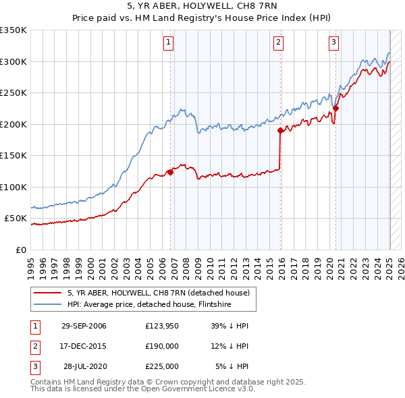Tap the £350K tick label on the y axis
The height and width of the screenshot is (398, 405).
pyautogui.click(x=14, y=30)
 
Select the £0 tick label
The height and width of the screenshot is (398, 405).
pyautogui.click(x=21, y=250)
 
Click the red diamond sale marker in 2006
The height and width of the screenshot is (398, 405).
pyautogui.click(x=171, y=172)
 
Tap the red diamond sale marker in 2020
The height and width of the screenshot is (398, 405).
pyautogui.click(x=335, y=108)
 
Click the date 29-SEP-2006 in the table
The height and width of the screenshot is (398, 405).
pyautogui.click(x=84, y=326)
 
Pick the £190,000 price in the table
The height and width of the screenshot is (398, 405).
pyautogui.click(x=162, y=346)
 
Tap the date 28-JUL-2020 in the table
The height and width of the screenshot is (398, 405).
pyautogui.click(x=84, y=366)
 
